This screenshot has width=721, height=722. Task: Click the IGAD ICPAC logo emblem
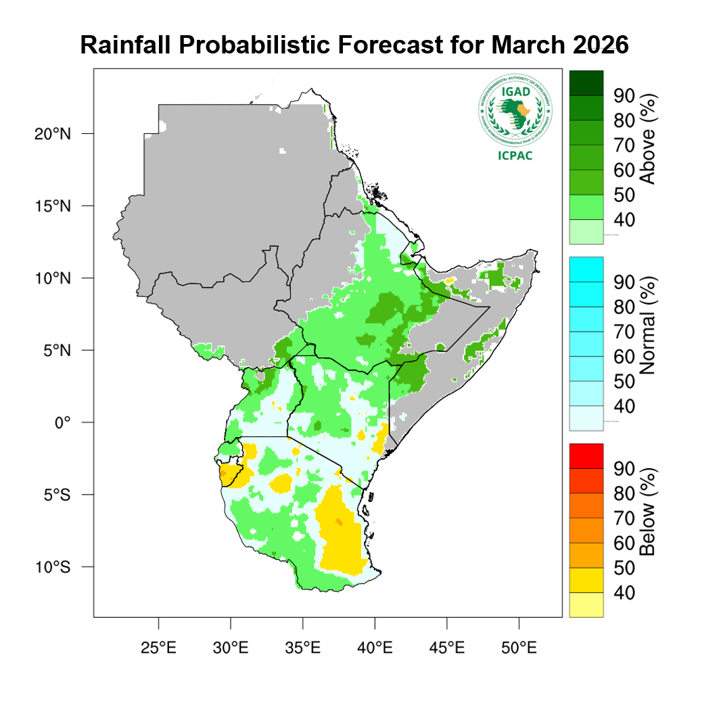click(515, 111)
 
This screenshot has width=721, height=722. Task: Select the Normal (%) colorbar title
click(648, 343)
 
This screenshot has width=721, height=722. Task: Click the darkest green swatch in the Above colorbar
click(586, 82)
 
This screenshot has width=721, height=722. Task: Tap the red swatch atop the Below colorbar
click(586, 455)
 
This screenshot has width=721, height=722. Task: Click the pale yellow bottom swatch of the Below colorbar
click(586, 604)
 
